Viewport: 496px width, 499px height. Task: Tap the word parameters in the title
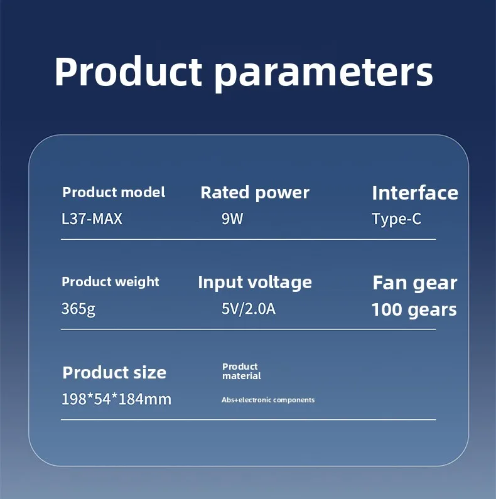pos(323,75)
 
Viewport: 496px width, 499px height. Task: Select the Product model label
pos(114,192)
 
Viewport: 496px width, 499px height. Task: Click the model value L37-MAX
pos(92,218)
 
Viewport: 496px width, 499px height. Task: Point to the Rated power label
pos(255,193)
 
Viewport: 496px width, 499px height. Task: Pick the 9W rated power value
pos(232,218)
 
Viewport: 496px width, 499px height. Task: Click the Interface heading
pos(415,193)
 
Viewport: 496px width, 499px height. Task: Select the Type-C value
pos(396,219)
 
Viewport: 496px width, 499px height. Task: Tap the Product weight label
pos(111,282)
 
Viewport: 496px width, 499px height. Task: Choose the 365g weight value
pos(78,309)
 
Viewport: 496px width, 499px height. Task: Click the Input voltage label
pos(255,282)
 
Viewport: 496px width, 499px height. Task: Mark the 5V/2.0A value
pos(249,309)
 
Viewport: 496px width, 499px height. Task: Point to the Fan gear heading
pos(415,283)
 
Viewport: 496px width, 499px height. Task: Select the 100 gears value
pos(414,309)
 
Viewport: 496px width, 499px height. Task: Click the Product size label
pos(114,372)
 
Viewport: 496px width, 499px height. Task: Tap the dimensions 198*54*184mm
pos(116,399)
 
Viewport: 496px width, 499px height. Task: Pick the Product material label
pos(242,371)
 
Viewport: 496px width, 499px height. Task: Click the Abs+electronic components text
pos(268,400)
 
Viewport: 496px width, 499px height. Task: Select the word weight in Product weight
pos(137,282)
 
